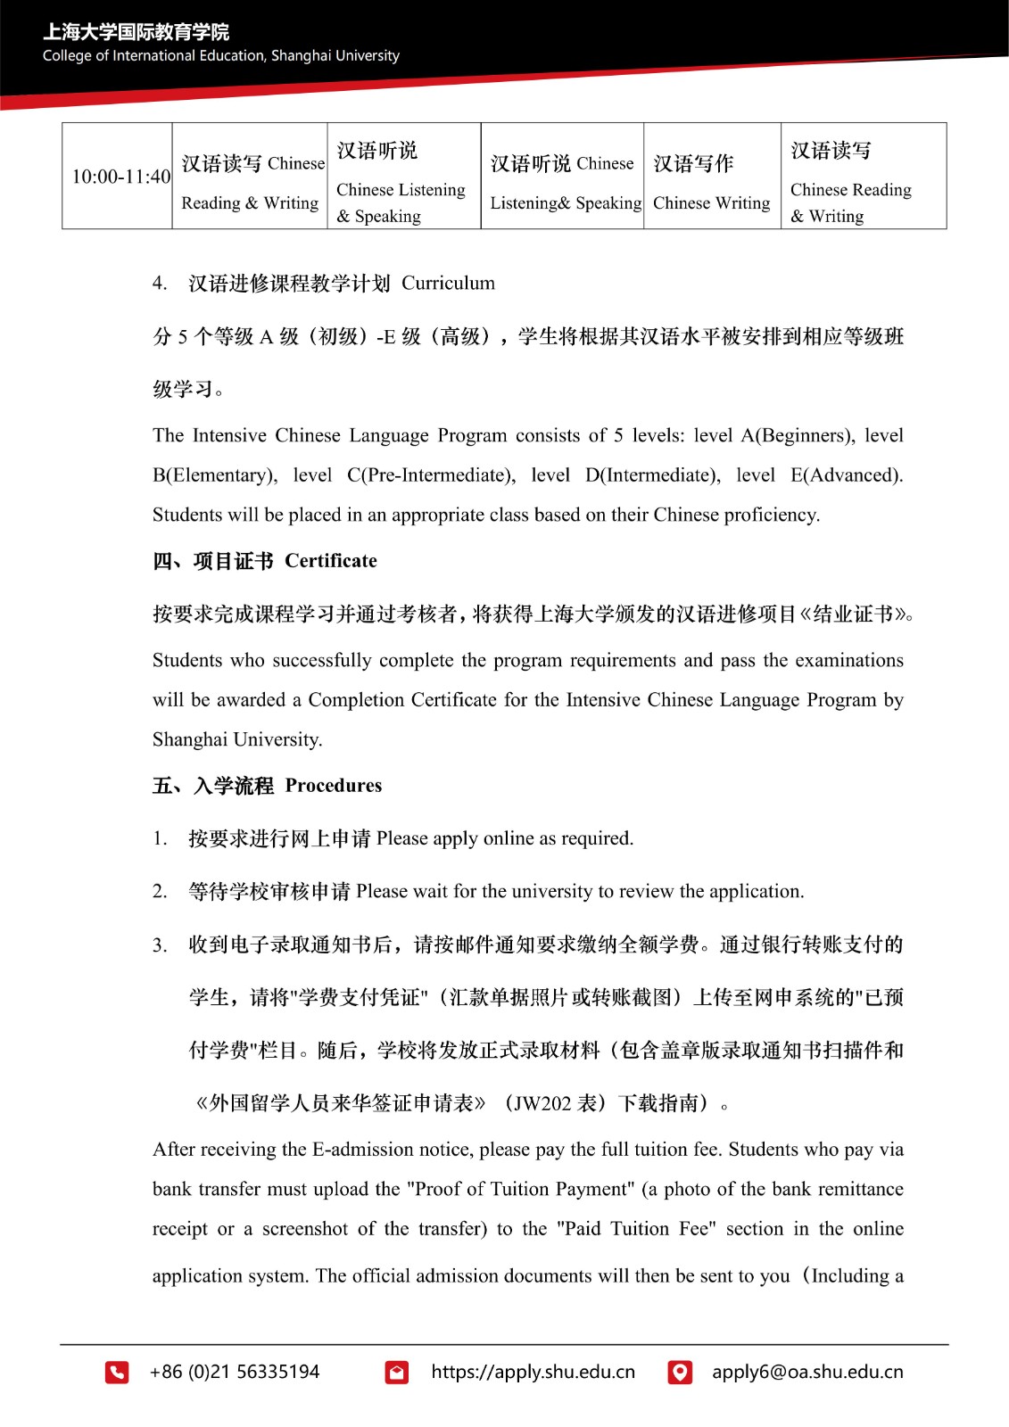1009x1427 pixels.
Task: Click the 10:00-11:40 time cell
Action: pyautogui.click(x=120, y=177)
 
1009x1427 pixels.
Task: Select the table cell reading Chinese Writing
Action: pyautogui.click(x=711, y=203)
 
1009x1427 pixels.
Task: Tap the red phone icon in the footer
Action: pyautogui.click(x=117, y=1372)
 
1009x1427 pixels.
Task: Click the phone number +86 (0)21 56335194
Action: pyautogui.click(x=235, y=1372)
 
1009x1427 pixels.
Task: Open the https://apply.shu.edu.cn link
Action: pyautogui.click(x=533, y=1372)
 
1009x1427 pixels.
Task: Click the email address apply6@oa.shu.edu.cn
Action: pyautogui.click(x=806, y=1372)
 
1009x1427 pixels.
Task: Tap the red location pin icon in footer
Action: pyautogui.click(x=680, y=1372)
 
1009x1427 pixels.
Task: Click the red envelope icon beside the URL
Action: pyautogui.click(x=397, y=1372)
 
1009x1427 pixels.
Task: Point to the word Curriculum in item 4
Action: pyautogui.click(x=448, y=284)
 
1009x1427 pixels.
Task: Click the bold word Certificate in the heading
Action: pyautogui.click(x=331, y=561)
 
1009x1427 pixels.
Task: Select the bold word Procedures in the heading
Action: pyautogui.click(x=334, y=786)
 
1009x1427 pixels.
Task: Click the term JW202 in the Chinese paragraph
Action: pyautogui.click(x=542, y=1104)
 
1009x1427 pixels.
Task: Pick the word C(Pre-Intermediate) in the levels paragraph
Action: pyautogui.click(x=431, y=475)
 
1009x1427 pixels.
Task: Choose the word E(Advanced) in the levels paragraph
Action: pyautogui.click(x=846, y=475)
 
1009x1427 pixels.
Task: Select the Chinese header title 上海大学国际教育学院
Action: pyautogui.click(x=136, y=32)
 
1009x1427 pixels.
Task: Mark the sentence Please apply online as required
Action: pyautogui.click(x=505, y=838)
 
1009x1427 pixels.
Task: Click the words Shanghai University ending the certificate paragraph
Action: pyautogui.click(x=236, y=740)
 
